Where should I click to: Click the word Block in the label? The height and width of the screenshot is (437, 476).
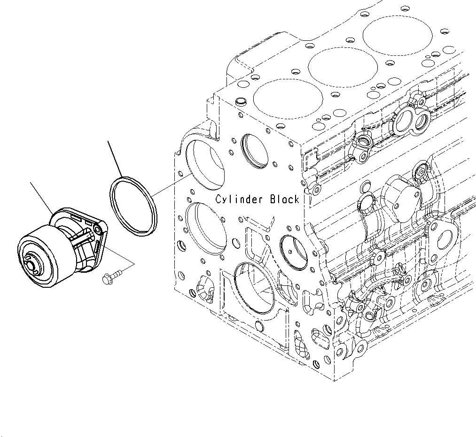pos(284,199)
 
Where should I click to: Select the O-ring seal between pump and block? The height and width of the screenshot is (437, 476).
pos(133,205)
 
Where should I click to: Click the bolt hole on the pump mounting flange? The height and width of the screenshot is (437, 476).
pos(98,229)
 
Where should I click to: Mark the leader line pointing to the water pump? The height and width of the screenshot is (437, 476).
pos(41,198)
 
